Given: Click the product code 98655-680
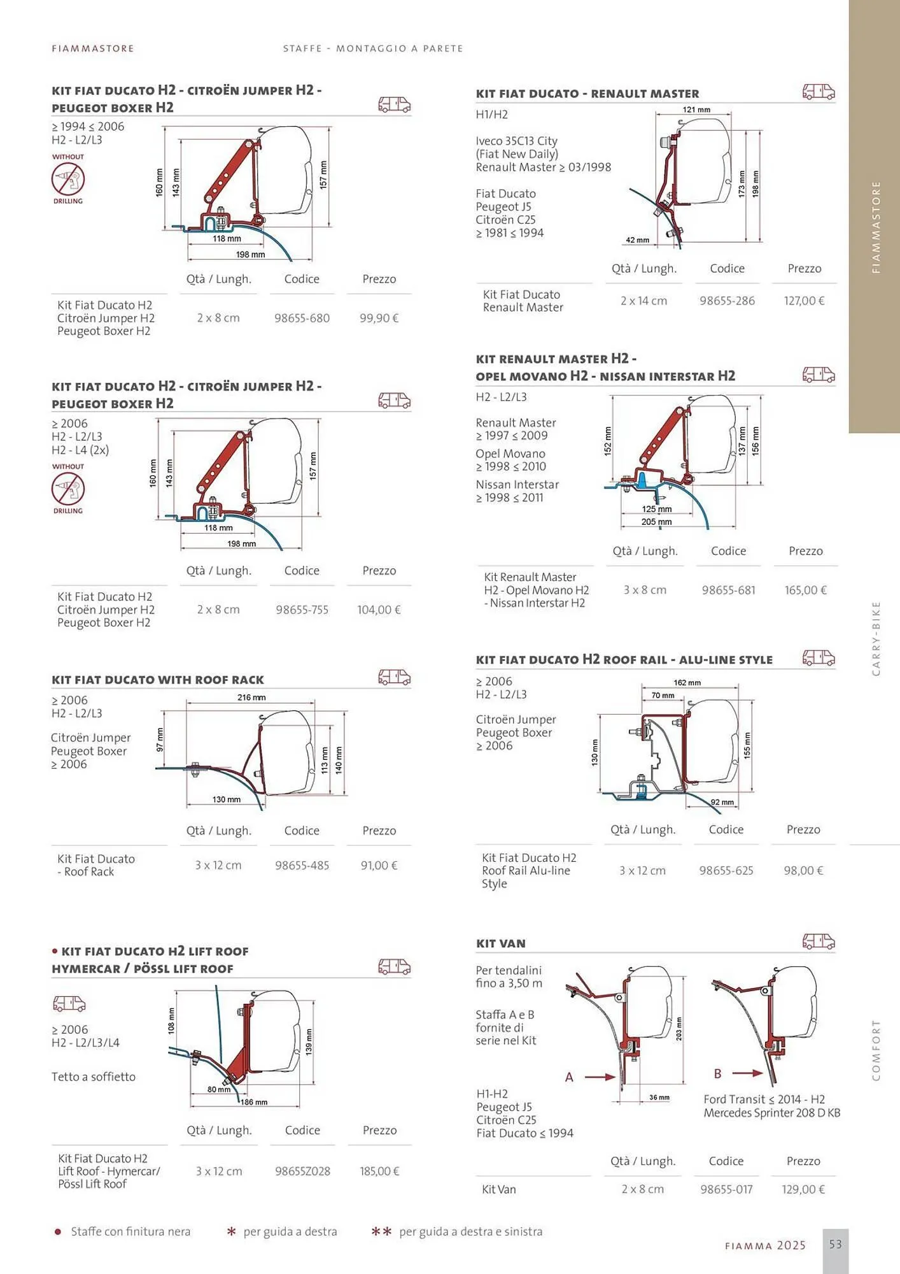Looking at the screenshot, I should tap(302, 318).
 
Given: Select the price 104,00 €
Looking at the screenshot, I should tap(379, 610).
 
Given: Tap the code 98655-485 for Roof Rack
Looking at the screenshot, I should tap(302, 865).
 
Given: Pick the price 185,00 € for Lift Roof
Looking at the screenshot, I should tap(379, 1171).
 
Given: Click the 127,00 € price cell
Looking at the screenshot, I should tap(804, 301).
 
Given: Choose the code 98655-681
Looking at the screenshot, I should tap(728, 590).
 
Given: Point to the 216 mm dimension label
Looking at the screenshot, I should tap(251, 698).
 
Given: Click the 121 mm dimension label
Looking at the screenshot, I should tap(696, 110).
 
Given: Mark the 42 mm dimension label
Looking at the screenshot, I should tap(637, 240).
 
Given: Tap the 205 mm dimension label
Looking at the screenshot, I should tap(656, 522).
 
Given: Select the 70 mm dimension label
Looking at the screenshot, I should tap(663, 696).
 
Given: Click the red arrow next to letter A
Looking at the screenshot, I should tap(600, 1077).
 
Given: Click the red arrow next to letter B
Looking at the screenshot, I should tap(747, 1073).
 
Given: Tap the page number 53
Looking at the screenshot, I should tap(835, 1244).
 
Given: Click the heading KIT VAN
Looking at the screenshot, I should tap(501, 943).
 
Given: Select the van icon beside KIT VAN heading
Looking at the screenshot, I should tap(818, 941).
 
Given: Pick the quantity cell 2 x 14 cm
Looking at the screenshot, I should tap(643, 301).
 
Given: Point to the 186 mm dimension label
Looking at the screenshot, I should tap(253, 1102).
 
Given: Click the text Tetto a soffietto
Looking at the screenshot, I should tap(94, 1077).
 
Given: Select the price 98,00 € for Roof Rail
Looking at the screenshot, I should tap(803, 870).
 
